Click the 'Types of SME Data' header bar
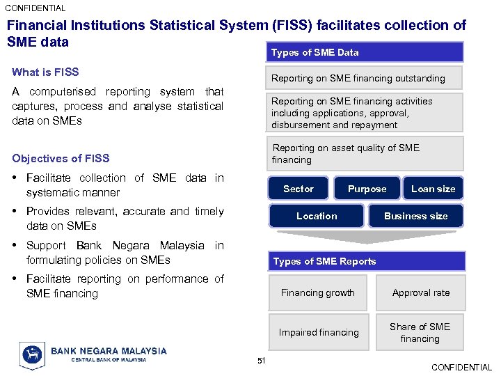[x=365, y=52]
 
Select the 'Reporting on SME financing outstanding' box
[x=365, y=79]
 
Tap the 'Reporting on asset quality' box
[x=365, y=154]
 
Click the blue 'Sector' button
[x=298, y=189]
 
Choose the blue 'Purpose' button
[x=367, y=189]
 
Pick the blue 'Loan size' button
[x=433, y=189]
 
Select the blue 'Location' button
[x=317, y=216]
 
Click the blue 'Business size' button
[x=415, y=216]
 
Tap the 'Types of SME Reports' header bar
[x=367, y=261]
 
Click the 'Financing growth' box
[x=318, y=293]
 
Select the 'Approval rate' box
[x=420, y=293]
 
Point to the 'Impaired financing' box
[x=318, y=333]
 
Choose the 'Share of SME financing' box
[x=420, y=333]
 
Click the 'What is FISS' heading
[x=46, y=72]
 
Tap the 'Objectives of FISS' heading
[x=61, y=158]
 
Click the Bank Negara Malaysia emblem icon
[x=32, y=355]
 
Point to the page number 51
[x=262, y=360]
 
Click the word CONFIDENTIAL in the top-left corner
[x=35, y=8]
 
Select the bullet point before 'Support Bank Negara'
[x=16, y=245]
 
